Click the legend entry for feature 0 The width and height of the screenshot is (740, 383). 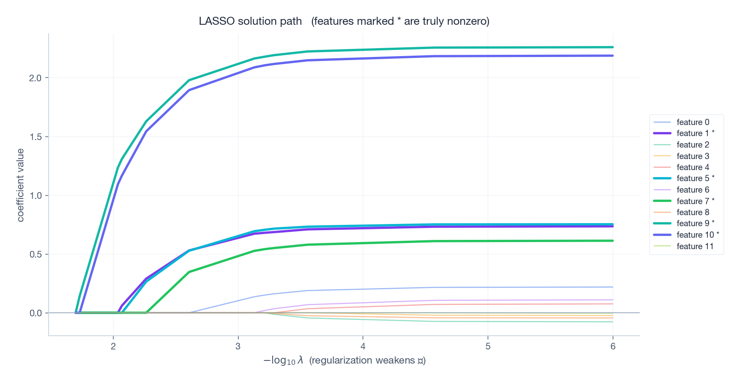click(x=692, y=122)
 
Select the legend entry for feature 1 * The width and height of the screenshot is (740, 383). click(x=695, y=133)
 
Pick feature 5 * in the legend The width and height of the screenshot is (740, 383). click(x=695, y=178)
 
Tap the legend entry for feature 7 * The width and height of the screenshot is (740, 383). click(x=695, y=201)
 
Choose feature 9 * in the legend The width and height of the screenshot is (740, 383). click(x=695, y=224)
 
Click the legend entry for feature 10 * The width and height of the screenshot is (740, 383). click(x=697, y=235)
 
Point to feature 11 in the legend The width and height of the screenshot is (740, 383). click(x=694, y=246)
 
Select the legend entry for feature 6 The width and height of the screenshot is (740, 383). click(x=692, y=190)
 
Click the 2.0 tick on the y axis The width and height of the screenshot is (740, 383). click(x=35, y=78)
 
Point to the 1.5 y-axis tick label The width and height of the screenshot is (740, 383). click(x=35, y=137)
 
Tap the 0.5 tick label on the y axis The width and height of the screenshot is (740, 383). click(x=35, y=254)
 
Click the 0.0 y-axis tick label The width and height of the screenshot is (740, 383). click(x=35, y=313)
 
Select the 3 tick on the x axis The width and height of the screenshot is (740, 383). click(x=238, y=346)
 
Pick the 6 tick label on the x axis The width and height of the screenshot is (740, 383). click(x=613, y=346)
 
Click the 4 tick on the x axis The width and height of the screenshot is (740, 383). click(x=363, y=346)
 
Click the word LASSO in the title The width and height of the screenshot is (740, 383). click(x=216, y=21)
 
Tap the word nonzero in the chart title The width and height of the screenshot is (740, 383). click(x=467, y=21)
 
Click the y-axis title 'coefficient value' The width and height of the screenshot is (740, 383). click(x=20, y=185)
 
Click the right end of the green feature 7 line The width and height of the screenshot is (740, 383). click(x=612, y=241)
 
